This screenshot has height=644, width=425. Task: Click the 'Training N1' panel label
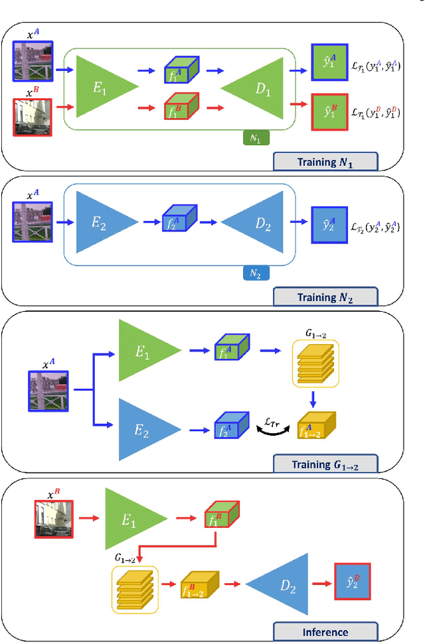click(x=325, y=161)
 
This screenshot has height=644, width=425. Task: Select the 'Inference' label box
click(x=325, y=631)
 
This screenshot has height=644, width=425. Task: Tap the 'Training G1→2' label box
click(x=325, y=464)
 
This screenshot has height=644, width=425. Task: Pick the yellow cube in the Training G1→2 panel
click(x=316, y=426)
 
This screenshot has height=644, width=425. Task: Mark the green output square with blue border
click(x=329, y=62)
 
